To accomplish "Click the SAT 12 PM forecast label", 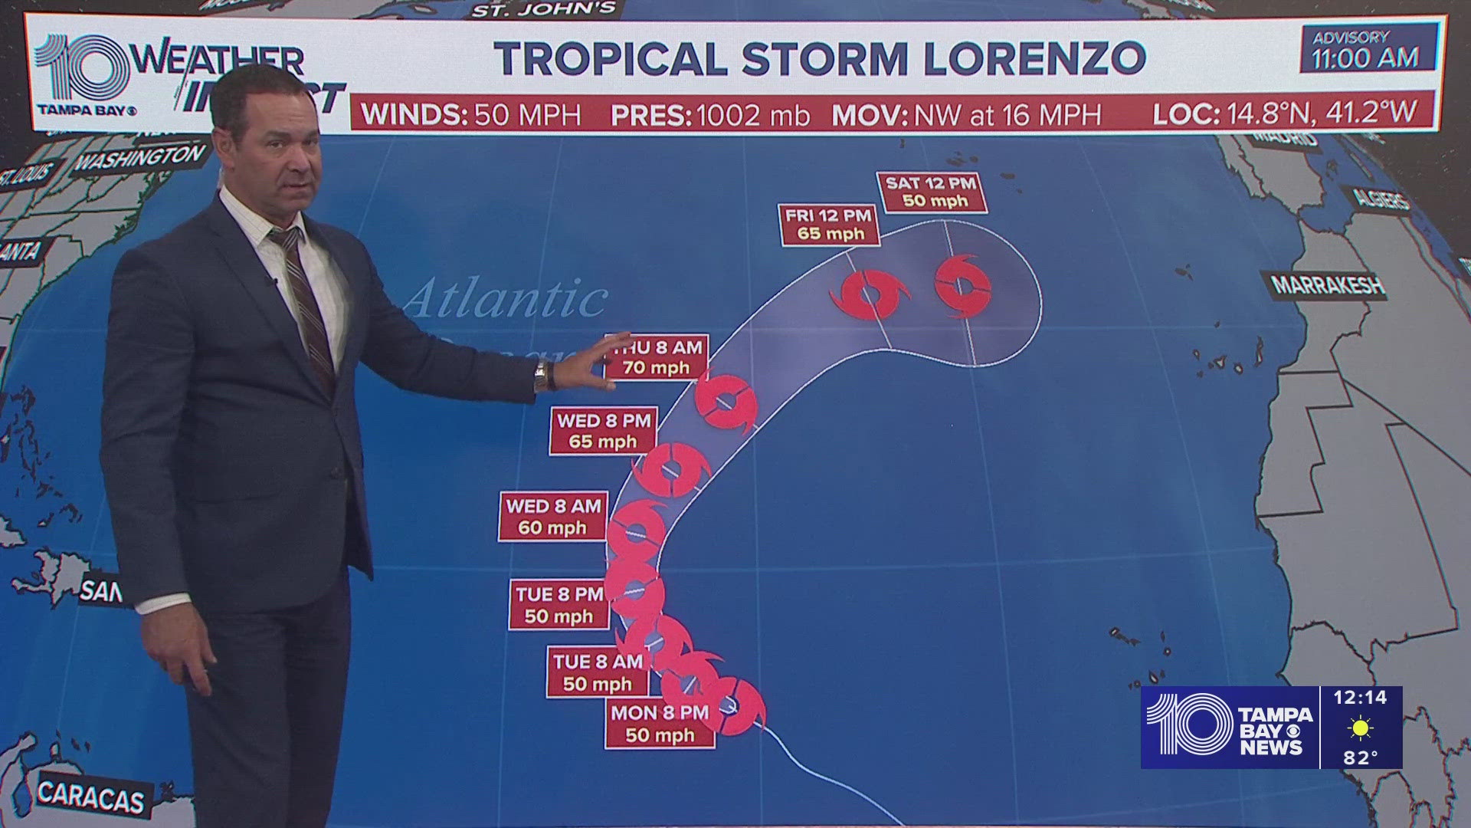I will click(931, 192).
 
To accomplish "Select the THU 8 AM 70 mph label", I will click(657, 357).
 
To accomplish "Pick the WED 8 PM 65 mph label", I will click(603, 431).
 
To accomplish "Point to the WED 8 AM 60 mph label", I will click(553, 517).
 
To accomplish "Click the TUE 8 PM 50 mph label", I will click(559, 605).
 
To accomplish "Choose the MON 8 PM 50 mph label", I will click(660, 724).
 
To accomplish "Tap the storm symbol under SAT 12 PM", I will click(963, 286).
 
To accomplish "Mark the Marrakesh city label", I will click(1328, 285).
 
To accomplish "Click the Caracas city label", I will click(90, 797).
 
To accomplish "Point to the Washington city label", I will click(140, 159).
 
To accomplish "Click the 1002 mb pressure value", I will click(752, 115).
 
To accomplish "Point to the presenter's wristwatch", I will click(541, 375).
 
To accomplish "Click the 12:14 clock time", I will click(1360, 698).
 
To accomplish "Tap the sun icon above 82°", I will click(1360, 728).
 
